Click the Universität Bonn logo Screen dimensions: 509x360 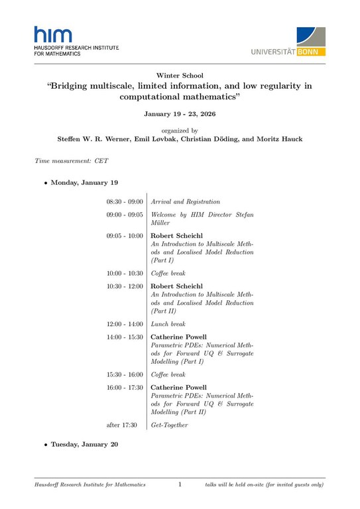click(289, 40)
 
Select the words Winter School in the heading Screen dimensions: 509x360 click(180, 76)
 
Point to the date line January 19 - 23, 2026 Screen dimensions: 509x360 click(180, 114)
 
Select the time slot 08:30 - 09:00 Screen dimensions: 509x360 click(124, 201)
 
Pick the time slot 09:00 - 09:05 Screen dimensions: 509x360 click(124, 215)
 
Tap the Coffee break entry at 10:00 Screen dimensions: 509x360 click(168, 273)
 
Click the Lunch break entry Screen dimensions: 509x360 click(168, 324)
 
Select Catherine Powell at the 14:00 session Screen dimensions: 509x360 click(179, 337)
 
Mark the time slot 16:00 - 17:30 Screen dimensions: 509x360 click(124, 387)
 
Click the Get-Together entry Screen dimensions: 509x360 click(170, 425)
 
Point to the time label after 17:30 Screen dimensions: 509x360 click(121, 425)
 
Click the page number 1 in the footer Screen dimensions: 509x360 click(180, 485)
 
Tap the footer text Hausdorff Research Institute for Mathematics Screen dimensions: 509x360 click(90, 485)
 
